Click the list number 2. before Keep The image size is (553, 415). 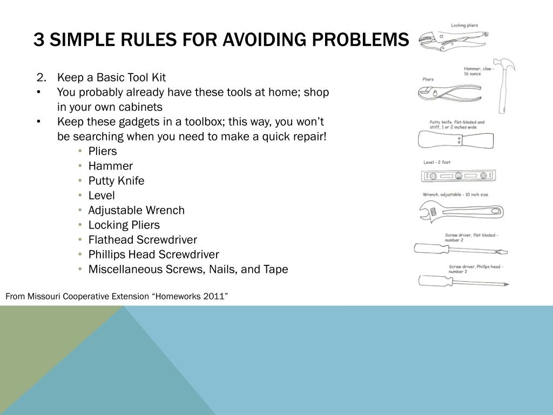pos(43,77)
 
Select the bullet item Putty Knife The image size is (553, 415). pos(116,180)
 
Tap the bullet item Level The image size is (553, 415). pos(102,195)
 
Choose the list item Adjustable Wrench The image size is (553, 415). pos(136,210)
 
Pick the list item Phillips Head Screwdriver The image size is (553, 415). pos(153,254)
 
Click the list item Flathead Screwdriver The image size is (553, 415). pos(143,239)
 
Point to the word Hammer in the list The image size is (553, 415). pos(110,166)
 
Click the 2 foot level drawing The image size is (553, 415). pos(458,175)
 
